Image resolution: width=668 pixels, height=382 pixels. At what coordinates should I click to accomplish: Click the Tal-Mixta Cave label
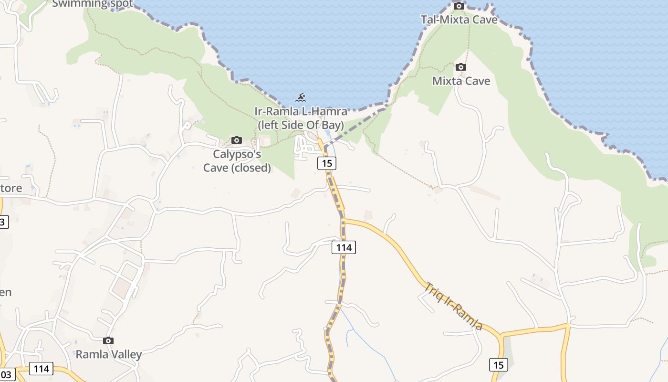tap(459, 20)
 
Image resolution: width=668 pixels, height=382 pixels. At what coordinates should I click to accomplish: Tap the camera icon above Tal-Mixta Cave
tap(459, 6)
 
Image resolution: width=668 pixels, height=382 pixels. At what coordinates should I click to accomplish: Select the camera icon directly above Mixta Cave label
tap(461, 67)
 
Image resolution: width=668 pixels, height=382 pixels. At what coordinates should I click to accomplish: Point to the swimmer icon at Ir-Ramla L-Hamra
tap(301, 98)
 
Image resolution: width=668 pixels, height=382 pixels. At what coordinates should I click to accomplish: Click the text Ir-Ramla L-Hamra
tap(301, 112)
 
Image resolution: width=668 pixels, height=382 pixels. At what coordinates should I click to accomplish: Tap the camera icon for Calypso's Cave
tap(236, 140)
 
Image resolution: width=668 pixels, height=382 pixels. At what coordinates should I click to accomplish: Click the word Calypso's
tap(237, 154)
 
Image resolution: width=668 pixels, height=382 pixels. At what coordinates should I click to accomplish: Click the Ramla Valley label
tap(109, 354)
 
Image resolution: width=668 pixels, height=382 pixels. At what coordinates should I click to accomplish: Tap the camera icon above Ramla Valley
tap(108, 341)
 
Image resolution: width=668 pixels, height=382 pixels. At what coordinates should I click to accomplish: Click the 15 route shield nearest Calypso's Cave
tap(326, 163)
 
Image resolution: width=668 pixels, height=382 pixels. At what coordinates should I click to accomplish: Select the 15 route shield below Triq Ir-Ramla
tap(498, 365)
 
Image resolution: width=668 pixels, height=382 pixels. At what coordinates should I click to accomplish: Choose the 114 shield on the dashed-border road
tap(344, 247)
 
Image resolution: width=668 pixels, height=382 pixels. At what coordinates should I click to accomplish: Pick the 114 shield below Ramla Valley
tap(42, 369)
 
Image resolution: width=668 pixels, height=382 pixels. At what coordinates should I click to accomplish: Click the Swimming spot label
tap(93, 4)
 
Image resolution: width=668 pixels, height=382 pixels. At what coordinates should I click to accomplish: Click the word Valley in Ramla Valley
tap(125, 354)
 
